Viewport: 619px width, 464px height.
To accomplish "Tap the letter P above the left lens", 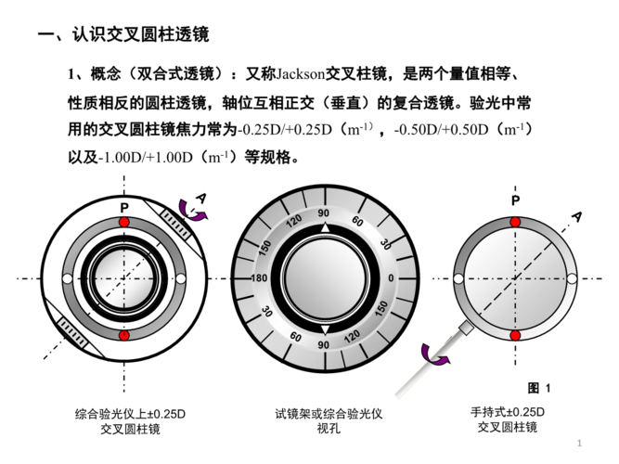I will tap(123, 205).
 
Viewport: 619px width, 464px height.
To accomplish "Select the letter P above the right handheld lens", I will tap(515, 200).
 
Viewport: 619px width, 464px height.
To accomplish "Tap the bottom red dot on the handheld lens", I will tap(515, 334).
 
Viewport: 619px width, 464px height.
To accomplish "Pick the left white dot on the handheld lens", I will tap(458, 278).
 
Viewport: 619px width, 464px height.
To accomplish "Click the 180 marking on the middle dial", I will tap(259, 278).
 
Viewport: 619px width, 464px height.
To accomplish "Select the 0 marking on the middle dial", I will tap(391, 278).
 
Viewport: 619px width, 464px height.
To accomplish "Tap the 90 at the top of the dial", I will tap(324, 213).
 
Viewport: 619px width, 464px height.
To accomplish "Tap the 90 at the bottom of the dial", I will tap(324, 344).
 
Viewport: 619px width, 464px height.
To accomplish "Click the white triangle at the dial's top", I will tap(324, 227).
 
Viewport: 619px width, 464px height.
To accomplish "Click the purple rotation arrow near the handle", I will tap(431, 354).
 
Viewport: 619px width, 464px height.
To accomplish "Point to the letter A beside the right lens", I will tap(576, 216).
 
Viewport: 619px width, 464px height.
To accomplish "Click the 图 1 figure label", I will tap(539, 387).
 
